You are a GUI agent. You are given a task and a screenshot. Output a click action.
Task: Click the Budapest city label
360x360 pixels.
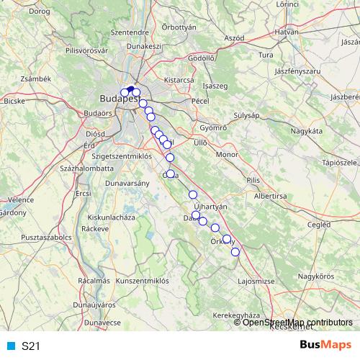(x=117, y=99)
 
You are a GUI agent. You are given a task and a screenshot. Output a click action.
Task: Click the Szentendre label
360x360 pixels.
(x=130, y=32)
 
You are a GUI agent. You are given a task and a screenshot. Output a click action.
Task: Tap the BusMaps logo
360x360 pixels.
(x=325, y=346)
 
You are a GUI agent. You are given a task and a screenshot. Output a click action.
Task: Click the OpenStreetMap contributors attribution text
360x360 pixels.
(x=297, y=323)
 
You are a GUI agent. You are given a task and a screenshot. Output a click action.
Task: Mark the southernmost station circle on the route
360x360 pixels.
(x=235, y=251)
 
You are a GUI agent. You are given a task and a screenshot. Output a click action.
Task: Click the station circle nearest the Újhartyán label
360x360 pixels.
(x=193, y=195)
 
